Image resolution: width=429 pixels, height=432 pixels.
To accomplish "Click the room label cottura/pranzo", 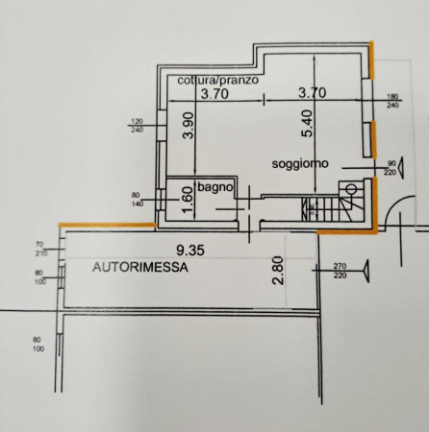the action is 218,80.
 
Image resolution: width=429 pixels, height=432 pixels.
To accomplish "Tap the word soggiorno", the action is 300,164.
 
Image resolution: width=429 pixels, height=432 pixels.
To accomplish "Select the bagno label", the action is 215,187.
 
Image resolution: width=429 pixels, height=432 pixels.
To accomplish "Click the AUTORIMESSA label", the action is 140,267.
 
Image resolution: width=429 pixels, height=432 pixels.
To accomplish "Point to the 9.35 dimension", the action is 190,251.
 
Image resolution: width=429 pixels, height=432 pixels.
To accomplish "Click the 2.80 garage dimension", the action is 278,271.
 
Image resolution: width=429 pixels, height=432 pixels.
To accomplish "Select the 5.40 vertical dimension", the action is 307,124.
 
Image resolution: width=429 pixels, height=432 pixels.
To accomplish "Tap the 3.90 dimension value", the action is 189,125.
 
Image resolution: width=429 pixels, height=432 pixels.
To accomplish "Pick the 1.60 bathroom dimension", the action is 189,200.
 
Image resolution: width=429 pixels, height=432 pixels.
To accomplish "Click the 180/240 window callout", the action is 392,101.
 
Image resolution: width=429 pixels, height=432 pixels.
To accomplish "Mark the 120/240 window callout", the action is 137,126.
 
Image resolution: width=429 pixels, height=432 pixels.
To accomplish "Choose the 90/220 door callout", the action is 391,168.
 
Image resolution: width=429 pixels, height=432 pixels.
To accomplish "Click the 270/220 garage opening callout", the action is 340,271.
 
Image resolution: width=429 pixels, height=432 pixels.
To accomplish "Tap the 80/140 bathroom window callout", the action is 138,199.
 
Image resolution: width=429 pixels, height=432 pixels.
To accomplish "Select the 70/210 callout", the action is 41,250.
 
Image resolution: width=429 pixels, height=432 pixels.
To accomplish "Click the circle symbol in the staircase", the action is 351,189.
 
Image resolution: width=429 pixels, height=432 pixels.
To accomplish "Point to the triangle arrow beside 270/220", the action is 366,271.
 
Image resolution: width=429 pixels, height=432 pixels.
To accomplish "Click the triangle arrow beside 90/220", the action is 400,168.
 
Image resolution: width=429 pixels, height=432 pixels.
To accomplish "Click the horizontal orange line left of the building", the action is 108,225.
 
